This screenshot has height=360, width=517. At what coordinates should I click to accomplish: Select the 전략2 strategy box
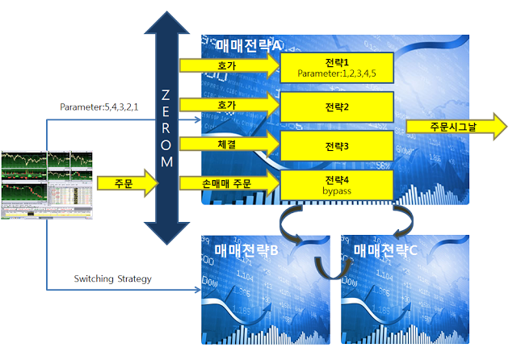(x=336, y=106)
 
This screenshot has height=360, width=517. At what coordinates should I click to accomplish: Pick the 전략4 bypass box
(x=336, y=183)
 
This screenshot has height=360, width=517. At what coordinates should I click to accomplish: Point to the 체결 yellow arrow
(x=227, y=144)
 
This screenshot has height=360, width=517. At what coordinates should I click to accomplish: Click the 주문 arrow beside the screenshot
(x=126, y=182)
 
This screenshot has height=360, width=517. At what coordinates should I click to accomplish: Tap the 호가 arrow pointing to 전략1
(x=227, y=65)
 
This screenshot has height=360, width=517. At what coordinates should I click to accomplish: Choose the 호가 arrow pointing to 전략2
(x=227, y=104)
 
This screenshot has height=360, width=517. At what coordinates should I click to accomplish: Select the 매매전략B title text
(x=246, y=251)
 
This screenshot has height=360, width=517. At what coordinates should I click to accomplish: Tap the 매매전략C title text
(x=390, y=251)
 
